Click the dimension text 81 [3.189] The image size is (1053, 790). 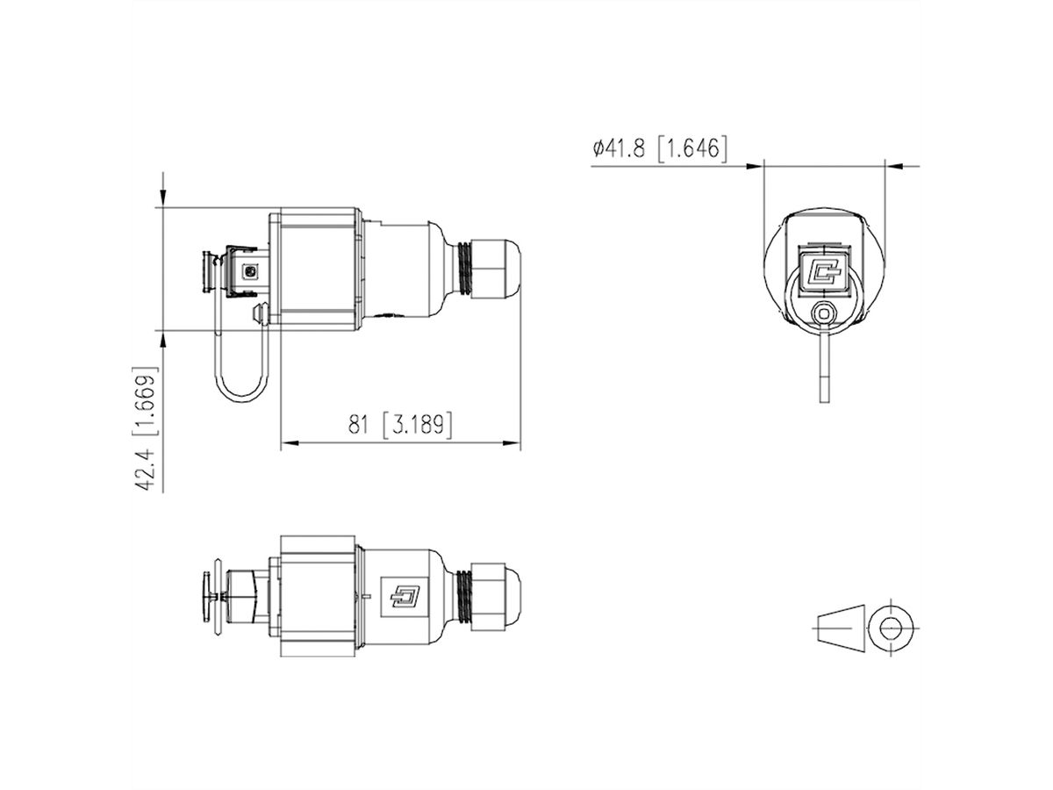(400, 425)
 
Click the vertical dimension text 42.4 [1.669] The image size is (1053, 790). (147, 428)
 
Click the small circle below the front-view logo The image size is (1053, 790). (822, 312)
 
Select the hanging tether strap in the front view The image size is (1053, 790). (822, 369)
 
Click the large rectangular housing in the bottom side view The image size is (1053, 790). (318, 594)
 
